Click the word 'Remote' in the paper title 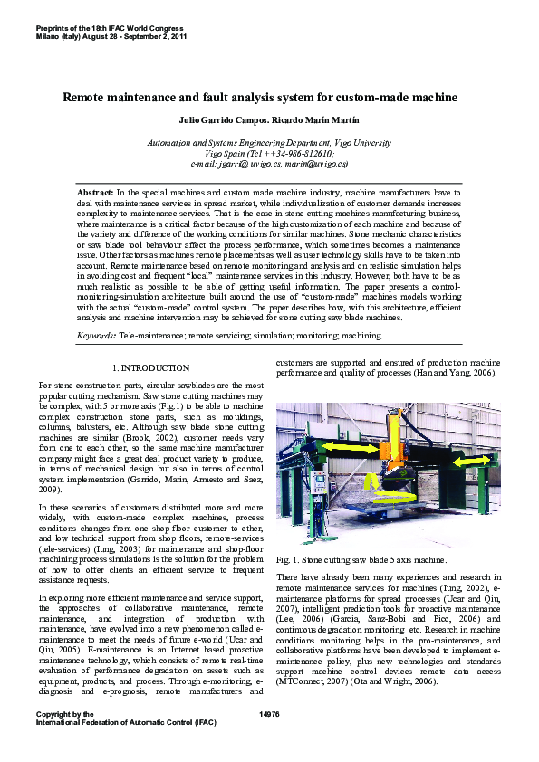click(x=83, y=96)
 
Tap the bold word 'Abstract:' click(x=95, y=194)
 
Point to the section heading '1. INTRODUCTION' click(x=150, y=368)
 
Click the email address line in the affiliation click(x=269, y=164)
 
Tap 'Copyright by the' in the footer click(x=63, y=714)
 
